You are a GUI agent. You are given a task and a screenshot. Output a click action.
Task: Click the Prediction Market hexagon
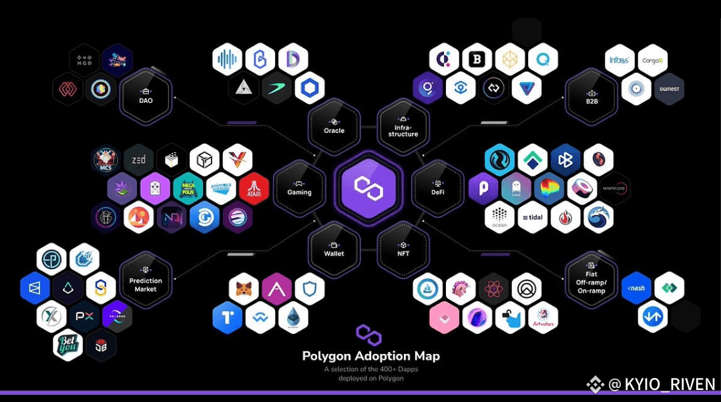click(146, 280)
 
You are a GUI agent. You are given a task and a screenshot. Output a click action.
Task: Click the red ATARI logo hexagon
click(254, 190)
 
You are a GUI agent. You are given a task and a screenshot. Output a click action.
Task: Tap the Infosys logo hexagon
click(619, 60)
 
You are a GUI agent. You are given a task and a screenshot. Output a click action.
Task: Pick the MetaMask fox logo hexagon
click(244, 288)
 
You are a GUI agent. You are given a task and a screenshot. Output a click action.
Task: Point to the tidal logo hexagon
click(532, 218)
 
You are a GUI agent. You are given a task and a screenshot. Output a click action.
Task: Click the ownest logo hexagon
click(669, 89)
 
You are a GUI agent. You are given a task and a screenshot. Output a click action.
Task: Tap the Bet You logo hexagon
click(67, 345)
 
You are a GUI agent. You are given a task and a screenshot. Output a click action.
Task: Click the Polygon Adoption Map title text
click(371, 356)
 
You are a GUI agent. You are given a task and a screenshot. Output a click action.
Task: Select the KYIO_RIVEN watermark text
click(661, 385)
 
